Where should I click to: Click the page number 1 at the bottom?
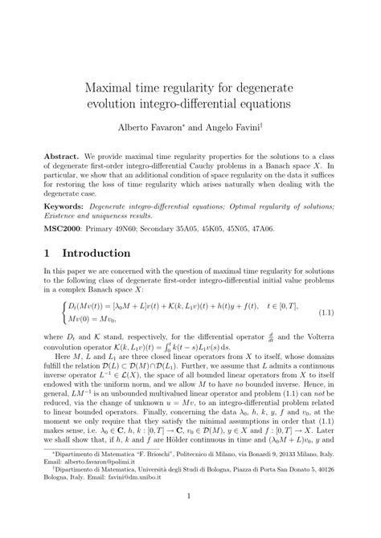point(190,519)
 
